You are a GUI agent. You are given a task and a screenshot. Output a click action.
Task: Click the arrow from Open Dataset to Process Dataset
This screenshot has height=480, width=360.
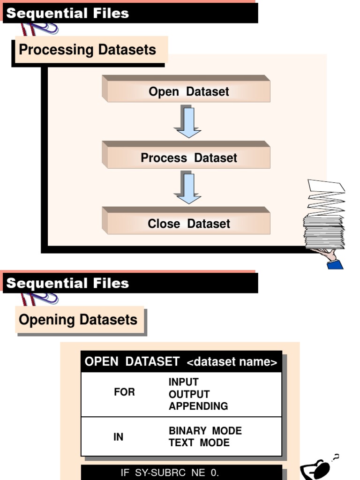(188, 122)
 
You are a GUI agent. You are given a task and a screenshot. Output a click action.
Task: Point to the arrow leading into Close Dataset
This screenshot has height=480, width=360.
(188, 188)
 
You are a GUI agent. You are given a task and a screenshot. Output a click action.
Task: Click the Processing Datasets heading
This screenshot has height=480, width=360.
(88, 50)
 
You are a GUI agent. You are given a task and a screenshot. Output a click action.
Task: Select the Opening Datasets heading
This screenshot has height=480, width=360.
(78, 320)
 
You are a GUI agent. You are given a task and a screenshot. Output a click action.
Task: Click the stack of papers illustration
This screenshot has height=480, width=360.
(325, 216)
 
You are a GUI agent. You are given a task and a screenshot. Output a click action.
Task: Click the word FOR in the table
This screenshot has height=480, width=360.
(124, 392)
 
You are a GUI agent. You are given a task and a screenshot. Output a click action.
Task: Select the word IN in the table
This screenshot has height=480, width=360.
(118, 437)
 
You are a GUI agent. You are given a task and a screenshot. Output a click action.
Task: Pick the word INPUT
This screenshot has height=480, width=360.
(183, 382)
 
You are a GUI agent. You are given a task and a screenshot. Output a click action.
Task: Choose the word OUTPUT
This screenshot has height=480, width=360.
(189, 394)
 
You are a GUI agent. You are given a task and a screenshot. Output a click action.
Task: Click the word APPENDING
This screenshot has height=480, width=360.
(198, 406)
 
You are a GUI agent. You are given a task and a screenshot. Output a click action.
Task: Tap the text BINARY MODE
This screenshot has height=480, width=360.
(205, 431)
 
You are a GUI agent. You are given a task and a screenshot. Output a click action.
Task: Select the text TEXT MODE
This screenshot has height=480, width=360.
(199, 443)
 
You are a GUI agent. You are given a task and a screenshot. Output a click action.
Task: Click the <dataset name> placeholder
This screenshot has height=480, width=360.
(232, 362)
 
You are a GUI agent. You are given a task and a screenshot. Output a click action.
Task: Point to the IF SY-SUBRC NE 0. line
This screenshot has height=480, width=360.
(170, 472)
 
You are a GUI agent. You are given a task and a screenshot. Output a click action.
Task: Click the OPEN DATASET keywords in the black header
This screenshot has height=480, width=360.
(132, 362)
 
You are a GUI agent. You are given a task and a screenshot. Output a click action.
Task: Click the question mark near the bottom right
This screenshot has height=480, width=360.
(336, 457)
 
